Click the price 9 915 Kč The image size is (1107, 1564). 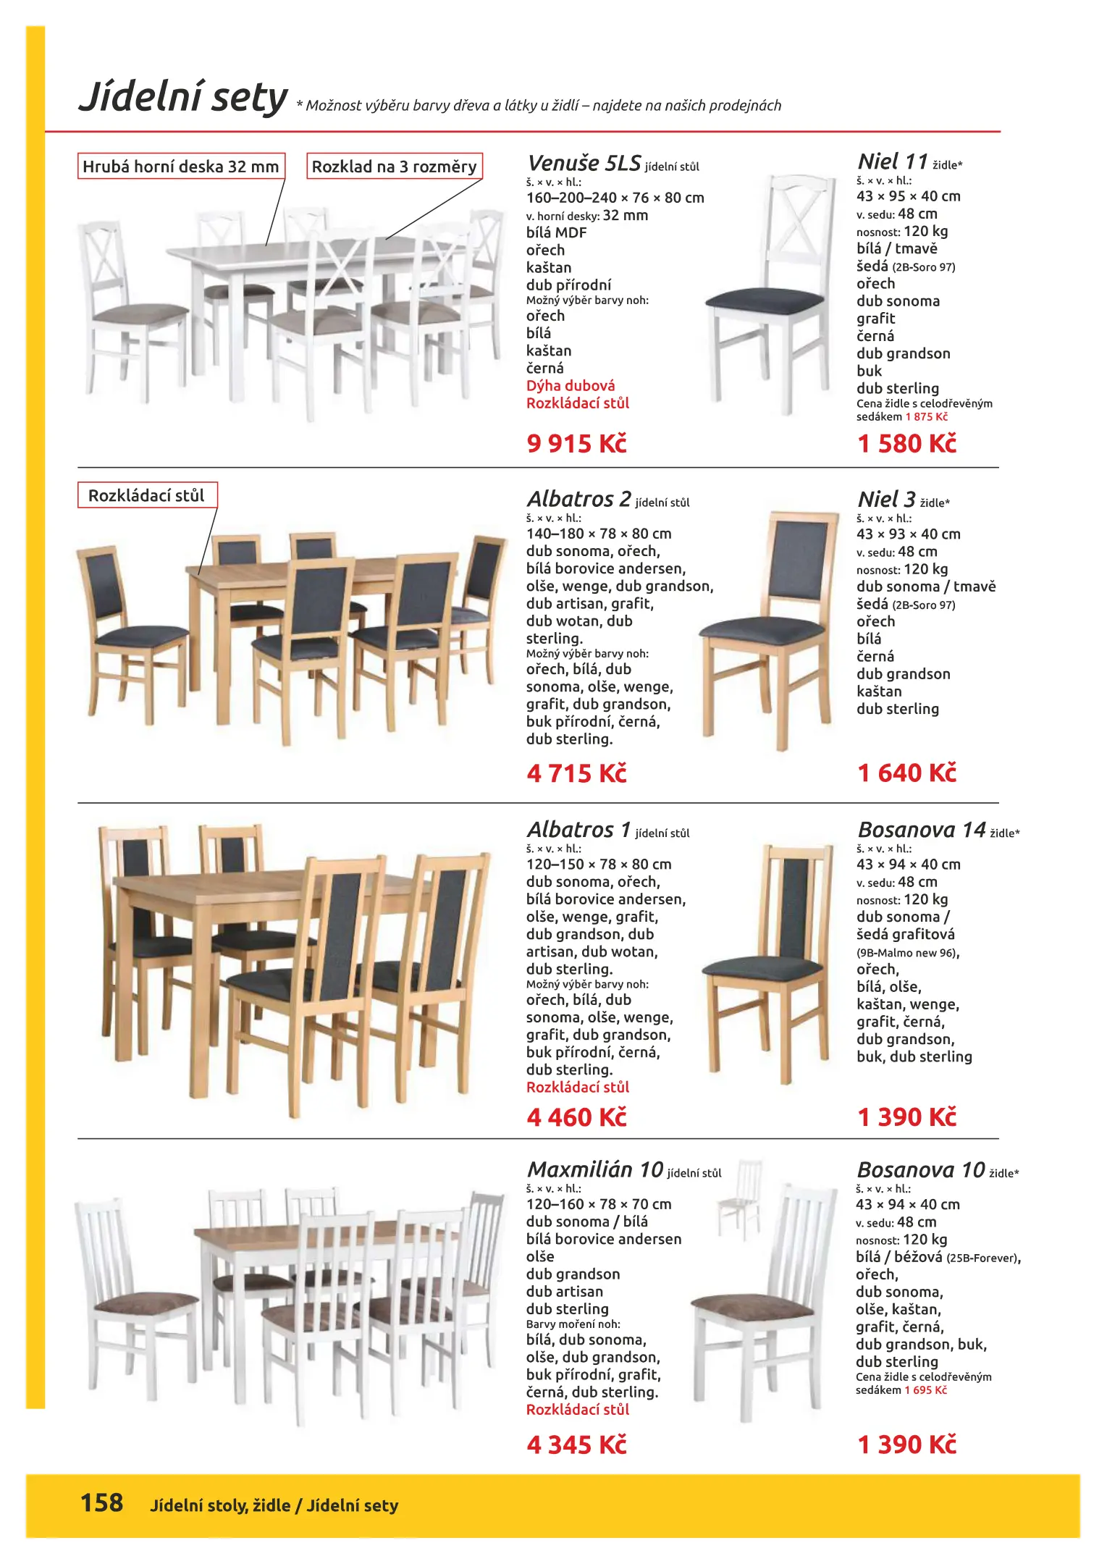tap(576, 443)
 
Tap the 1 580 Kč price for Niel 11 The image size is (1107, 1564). tap(906, 443)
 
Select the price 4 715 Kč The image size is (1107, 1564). tap(576, 773)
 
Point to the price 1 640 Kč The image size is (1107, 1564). tap(906, 773)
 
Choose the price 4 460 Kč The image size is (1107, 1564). tap(576, 1117)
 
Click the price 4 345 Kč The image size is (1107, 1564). tap(576, 1445)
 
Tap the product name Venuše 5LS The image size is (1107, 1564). tap(584, 163)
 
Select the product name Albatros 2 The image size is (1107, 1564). tap(578, 499)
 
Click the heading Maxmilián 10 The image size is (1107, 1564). tap(594, 1169)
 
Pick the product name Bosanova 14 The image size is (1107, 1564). tap(922, 829)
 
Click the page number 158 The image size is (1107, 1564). tap(101, 1502)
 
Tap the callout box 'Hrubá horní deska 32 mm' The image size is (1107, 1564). tap(181, 167)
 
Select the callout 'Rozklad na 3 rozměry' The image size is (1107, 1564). tap(394, 167)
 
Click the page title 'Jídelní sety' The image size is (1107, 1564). tap(183, 98)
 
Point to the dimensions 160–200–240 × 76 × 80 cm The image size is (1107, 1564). tap(615, 198)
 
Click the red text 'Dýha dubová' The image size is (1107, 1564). tap(571, 385)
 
